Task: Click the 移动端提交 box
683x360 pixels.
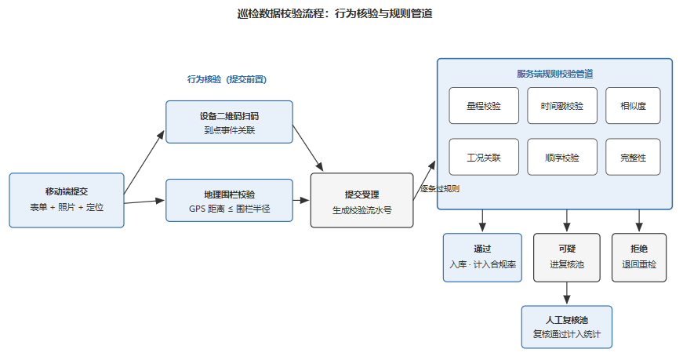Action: pyautogui.click(x=67, y=200)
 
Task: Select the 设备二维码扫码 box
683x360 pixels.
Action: pyautogui.click(x=229, y=122)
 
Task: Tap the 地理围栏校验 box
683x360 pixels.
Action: pyautogui.click(x=229, y=201)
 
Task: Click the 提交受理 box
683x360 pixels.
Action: pyautogui.click(x=361, y=200)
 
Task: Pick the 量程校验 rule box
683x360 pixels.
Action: pyautogui.click(x=484, y=105)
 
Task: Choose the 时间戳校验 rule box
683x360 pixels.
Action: pyautogui.click(x=562, y=105)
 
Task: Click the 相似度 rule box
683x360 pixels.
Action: pyautogui.click(x=633, y=105)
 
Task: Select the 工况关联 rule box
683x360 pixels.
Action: pyautogui.click(x=484, y=157)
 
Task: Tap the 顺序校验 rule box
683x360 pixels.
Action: pyautogui.click(x=562, y=157)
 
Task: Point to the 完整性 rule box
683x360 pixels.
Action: pyautogui.click(x=633, y=157)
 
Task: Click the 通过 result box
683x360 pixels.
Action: pyautogui.click(x=482, y=257)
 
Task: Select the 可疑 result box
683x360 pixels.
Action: pyautogui.click(x=567, y=257)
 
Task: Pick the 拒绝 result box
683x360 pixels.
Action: pyautogui.click(x=639, y=257)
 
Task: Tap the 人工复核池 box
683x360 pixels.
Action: pyautogui.click(x=567, y=327)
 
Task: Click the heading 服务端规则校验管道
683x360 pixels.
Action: pyautogui.click(x=555, y=74)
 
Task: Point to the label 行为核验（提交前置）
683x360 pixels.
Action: pyautogui.click(x=227, y=79)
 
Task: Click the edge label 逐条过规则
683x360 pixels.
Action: pyautogui.click(x=439, y=189)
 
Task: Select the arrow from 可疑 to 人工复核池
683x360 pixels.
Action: pyautogui.click(x=567, y=293)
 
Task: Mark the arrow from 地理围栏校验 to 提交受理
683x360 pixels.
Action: pyautogui.click(x=301, y=201)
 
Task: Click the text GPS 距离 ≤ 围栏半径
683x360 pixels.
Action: pyautogui.click(x=229, y=209)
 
